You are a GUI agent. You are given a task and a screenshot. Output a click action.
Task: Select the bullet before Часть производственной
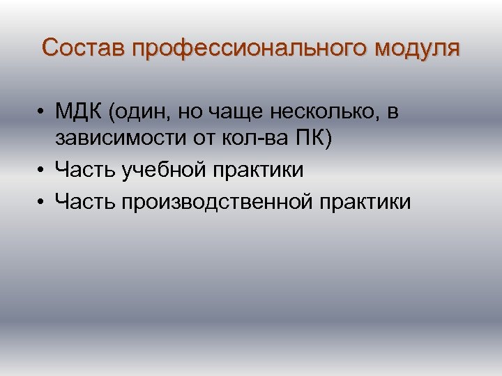coord(43,203)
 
